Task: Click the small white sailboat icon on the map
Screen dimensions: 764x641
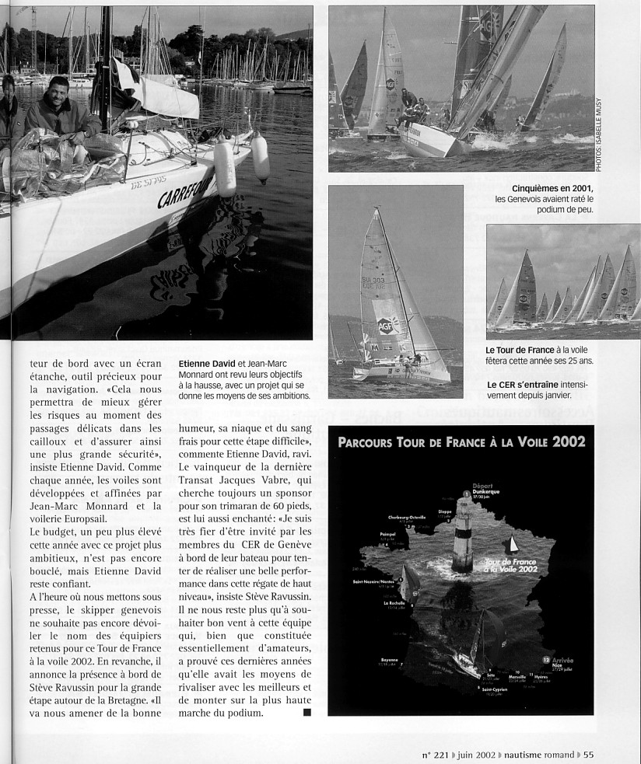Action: tap(511, 545)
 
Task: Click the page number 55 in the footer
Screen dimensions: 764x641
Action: tap(588, 753)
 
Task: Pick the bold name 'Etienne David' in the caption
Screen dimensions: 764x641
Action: tap(205, 362)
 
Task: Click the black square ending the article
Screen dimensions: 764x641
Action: tap(306, 711)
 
